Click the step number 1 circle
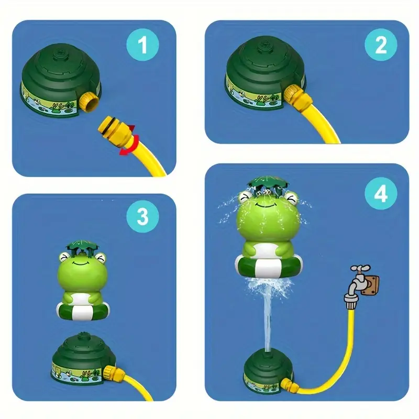pos(142,45)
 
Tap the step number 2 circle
pos(381,45)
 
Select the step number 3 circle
pos(142,216)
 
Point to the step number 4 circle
pos(381,193)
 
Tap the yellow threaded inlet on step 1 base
pos(89,102)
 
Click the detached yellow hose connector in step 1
pos(115,128)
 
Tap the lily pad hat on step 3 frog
pos(82,246)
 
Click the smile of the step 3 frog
pos(82,263)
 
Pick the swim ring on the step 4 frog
pos(269,267)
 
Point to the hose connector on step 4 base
pos(289,385)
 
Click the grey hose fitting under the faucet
pos(351,302)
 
